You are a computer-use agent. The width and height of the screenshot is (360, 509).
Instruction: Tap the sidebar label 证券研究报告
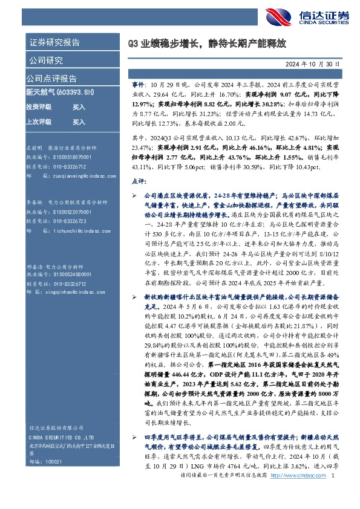[54, 44]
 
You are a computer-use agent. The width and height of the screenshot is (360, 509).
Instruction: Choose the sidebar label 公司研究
[45, 60]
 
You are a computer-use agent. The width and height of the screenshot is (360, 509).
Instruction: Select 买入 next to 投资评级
[79, 106]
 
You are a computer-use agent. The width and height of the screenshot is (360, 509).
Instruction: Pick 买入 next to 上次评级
[79, 122]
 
